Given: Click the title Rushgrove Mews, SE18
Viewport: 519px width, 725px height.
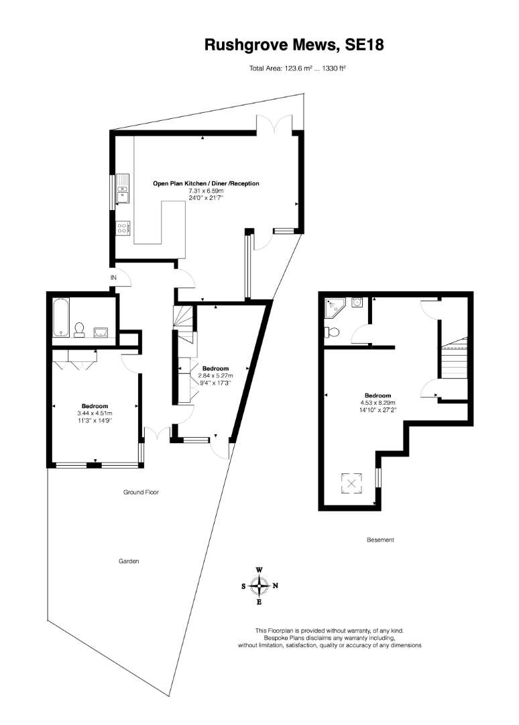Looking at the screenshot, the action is [x=294, y=45].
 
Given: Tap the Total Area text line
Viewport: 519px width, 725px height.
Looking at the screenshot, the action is [x=298, y=68].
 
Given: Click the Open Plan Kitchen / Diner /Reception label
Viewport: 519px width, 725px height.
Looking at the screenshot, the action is [x=206, y=183].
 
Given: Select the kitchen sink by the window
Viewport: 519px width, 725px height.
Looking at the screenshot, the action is [x=123, y=189].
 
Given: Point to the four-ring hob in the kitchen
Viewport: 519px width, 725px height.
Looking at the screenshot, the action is [x=123, y=228].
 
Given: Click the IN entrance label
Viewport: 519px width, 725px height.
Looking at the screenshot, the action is [x=113, y=277].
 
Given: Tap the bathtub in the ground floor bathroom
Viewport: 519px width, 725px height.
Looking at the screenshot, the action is [x=60, y=317].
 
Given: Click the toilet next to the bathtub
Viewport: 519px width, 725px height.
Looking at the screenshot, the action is [x=79, y=329].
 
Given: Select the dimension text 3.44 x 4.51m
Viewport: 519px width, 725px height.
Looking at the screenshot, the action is [x=95, y=414].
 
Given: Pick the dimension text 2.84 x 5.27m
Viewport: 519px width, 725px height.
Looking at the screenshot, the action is [x=216, y=375].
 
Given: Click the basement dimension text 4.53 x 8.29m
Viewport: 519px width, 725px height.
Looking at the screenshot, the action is [x=378, y=402].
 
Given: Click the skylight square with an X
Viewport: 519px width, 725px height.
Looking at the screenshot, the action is [x=351, y=483].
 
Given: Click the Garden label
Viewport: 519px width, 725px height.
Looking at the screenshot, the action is [x=129, y=561].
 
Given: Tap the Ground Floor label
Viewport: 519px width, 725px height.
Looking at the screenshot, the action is [x=141, y=492].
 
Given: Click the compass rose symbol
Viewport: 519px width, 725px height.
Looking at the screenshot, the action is [x=259, y=586].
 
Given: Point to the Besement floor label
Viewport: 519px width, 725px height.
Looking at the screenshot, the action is [x=380, y=540].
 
